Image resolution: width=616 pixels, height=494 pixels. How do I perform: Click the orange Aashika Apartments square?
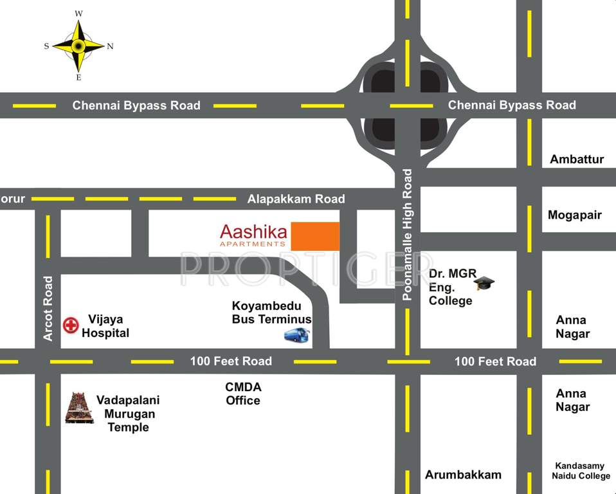(x=315, y=236)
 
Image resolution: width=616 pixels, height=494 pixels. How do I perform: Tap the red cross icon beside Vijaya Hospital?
(x=70, y=325)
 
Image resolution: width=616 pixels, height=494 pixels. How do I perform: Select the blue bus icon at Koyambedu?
(x=296, y=334)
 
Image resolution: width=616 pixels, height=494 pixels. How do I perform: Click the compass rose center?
(x=78, y=46)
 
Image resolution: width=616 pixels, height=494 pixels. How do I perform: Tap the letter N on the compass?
(x=111, y=46)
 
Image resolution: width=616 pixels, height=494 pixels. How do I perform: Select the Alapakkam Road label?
(x=296, y=199)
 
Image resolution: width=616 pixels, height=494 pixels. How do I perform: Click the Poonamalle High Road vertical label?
(x=407, y=234)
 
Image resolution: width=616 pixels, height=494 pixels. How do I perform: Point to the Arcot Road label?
(x=48, y=308)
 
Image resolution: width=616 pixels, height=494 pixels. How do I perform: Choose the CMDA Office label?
(x=243, y=394)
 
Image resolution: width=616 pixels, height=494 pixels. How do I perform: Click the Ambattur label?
(x=577, y=159)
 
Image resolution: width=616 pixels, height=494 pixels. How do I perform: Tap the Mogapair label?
(x=574, y=215)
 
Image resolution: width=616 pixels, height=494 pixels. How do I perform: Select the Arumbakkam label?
(x=463, y=475)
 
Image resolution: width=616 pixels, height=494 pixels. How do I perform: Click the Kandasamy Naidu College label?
(x=581, y=471)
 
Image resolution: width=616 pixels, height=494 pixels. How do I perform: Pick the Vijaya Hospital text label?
(x=105, y=326)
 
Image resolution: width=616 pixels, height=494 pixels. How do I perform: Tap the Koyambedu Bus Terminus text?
(x=271, y=313)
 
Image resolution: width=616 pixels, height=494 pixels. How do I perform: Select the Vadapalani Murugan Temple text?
(x=128, y=414)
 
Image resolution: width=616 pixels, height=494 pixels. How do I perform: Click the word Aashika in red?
(x=253, y=231)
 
